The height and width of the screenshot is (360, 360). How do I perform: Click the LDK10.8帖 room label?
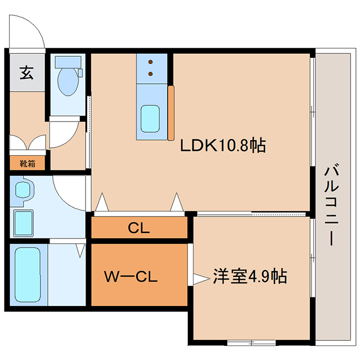point(223,145)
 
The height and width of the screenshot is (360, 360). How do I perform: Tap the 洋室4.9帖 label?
point(250,276)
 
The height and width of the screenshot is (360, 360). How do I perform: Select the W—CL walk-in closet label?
point(131,276)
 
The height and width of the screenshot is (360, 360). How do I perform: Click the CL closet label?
point(139,228)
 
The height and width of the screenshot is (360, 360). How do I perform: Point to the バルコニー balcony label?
point(331,205)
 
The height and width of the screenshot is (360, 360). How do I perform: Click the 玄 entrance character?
point(26,73)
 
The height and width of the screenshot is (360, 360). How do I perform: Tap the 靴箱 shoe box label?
point(28,164)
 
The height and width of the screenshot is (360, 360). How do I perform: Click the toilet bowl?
point(67,82)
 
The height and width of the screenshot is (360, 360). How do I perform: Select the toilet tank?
point(68,62)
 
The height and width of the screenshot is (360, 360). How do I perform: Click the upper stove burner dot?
point(151,62)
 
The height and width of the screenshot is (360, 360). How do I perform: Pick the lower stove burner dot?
point(151,74)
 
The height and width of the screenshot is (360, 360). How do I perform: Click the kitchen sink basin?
point(150,119)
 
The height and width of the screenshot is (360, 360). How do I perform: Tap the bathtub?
point(28,274)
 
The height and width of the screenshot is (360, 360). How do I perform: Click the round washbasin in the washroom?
point(22,190)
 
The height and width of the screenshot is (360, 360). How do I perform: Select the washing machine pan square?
point(24,223)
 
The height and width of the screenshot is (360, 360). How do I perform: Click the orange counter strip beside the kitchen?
point(171,113)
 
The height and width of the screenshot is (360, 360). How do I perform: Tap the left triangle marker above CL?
point(102,202)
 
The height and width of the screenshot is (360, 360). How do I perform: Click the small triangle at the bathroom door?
point(80,250)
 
